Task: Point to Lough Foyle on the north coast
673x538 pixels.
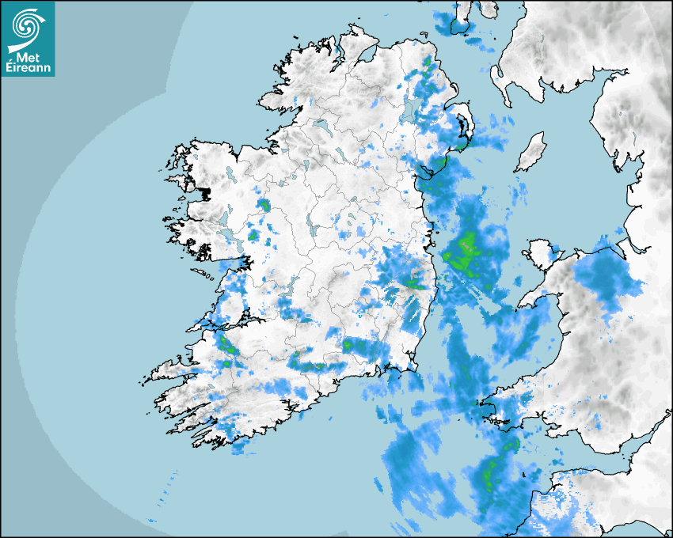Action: pos(366,55)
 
